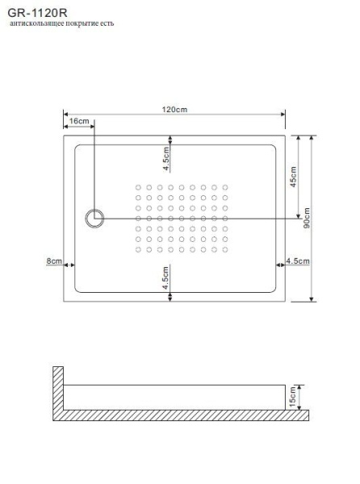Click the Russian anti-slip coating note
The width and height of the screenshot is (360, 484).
tap(61, 24)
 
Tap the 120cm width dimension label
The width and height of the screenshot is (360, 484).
tap(174, 110)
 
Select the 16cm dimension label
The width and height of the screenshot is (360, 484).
tap(79, 120)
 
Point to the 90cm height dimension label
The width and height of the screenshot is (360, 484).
tap(308, 218)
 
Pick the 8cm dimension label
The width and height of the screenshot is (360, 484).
tap(54, 261)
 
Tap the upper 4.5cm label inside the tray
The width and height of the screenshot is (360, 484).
tap(165, 159)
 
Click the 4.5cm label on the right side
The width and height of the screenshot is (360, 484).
tap(299, 261)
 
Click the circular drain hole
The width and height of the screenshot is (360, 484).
tap(95, 217)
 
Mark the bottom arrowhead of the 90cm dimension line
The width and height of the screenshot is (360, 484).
tap(312, 298)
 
